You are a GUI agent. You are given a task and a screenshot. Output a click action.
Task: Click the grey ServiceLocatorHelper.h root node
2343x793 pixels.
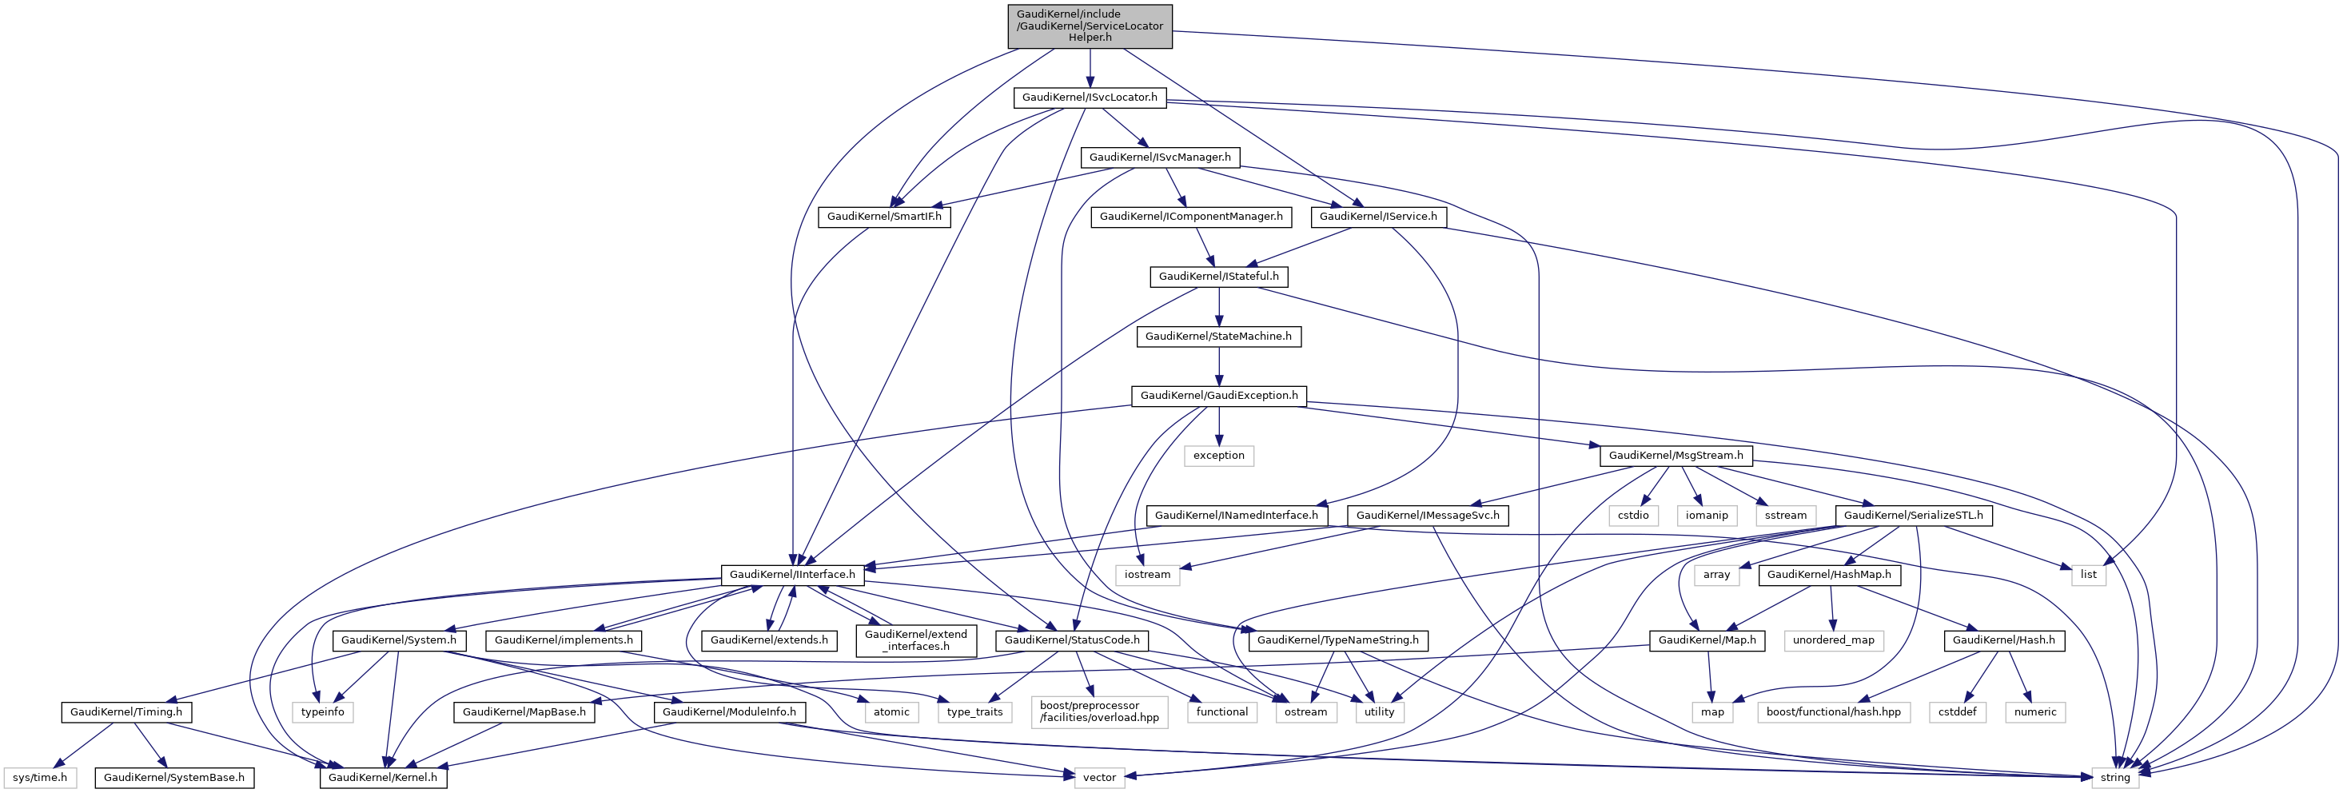(1089, 26)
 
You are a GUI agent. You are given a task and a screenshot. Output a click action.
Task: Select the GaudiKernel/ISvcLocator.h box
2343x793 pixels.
(1089, 98)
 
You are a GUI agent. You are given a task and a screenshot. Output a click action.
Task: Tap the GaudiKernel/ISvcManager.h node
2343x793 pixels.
(1160, 157)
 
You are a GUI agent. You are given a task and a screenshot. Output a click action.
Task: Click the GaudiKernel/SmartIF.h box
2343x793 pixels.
(884, 217)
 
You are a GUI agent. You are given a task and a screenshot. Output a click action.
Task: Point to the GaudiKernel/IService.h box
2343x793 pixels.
(1378, 217)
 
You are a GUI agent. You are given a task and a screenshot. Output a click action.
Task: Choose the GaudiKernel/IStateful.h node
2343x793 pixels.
(1218, 277)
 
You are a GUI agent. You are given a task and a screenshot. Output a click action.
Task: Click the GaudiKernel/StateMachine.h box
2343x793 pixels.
(1218, 337)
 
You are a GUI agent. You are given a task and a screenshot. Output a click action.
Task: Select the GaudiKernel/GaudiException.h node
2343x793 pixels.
(1219, 396)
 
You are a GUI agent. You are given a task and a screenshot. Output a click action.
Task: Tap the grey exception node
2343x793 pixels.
(1219, 456)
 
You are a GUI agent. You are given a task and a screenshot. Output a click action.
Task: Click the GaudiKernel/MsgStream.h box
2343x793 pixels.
(1676, 456)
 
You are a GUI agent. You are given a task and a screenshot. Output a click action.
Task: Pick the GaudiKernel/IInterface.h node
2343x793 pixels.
(791, 575)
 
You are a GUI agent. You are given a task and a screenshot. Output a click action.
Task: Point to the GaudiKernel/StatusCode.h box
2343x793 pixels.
(1071, 640)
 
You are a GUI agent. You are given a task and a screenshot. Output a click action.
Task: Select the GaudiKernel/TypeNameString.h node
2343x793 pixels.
(1338, 640)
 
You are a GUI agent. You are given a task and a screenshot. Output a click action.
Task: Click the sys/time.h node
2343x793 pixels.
(40, 778)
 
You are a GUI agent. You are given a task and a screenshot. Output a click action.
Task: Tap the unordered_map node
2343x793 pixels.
(1833, 640)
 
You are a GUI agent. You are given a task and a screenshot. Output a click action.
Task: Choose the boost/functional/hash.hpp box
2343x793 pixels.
(1833, 712)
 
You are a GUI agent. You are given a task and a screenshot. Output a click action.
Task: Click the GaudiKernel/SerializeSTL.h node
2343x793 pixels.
(1913, 516)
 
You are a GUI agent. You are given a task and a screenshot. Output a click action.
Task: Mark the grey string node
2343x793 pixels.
(2114, 778)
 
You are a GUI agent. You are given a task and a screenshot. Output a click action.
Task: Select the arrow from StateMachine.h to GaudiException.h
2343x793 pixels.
(1219, 366)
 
